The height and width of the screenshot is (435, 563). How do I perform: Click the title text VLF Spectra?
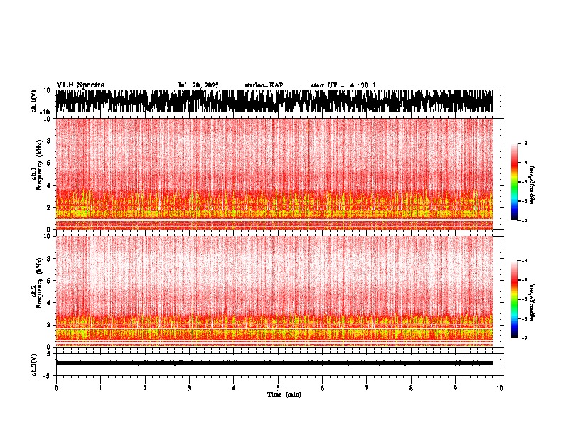coord(80,85)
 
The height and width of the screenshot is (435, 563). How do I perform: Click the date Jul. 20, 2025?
coord(198,85)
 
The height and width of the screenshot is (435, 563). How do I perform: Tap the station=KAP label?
coord(264,85)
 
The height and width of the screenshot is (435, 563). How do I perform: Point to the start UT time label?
coord(343,85)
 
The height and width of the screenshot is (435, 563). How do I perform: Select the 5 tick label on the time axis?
coord(278,388)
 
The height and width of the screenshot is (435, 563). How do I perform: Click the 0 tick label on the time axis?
coord(56,388)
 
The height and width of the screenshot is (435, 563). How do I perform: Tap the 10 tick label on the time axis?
coord(500,388)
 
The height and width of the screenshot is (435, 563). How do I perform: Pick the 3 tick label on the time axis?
coord(189,388)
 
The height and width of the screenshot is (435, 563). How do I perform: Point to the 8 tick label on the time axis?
coord(411,388)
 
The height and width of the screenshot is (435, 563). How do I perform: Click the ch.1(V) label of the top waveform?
coord(33,101)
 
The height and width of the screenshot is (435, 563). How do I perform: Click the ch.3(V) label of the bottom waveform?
coord(33,363)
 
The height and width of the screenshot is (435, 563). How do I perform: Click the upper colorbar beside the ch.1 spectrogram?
coord(515,182)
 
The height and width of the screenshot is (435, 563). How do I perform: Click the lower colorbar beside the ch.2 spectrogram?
coord(515,299)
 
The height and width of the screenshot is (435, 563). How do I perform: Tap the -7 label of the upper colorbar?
coord(524,221)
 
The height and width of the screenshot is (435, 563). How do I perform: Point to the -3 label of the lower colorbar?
coord(524,261)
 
